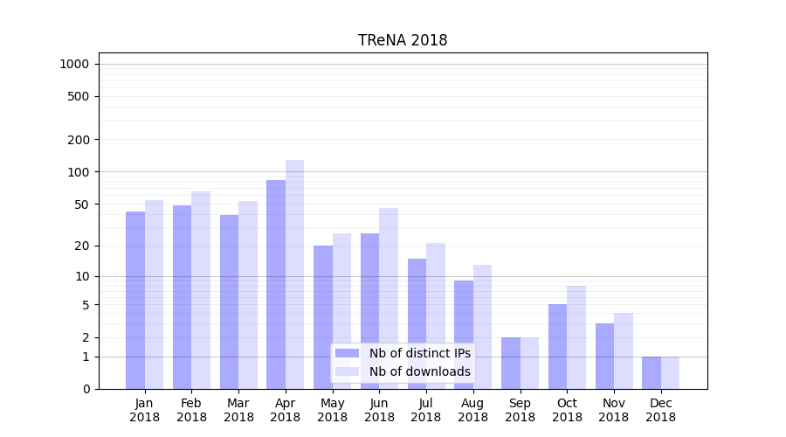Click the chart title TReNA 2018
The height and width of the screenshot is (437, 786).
pyautogui.click(x=403, y=40)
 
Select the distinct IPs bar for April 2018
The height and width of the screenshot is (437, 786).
pyautogui.click(x=276, y=284)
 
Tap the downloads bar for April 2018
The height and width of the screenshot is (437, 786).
pyautogui.click(x=295, y=274)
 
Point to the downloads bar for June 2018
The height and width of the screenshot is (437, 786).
pyautogui.click(x=389, y=298)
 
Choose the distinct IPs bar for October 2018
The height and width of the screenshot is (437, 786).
pyautogui.click(x=558, y=346)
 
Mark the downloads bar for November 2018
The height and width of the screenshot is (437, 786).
pyautogui.click(x=624, y=350)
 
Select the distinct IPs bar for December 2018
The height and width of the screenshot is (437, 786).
pyautogui.click(x=652, y=372)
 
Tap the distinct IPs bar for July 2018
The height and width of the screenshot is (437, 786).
pyautogui.click(x=417, y=323)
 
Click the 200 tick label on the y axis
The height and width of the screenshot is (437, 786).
pyautogui.click(x=79, y=140)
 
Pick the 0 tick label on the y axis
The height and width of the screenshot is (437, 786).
pyautogui.click(x=86, y=389)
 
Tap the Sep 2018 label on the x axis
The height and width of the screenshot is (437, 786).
pyautogui.click(x=520, y=410)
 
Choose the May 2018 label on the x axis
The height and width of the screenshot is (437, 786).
pyautogui.click(x=333, y=410)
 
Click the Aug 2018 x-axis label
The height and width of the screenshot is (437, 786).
pyautogui.click(x=473, y=410)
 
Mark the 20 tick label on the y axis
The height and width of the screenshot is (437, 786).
pyautogui.click(x=82, y=246)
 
